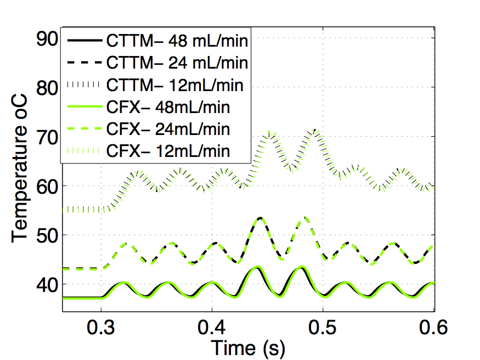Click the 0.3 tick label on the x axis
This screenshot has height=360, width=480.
101,328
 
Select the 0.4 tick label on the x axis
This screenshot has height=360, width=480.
212,328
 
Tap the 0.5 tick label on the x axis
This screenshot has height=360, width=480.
323,328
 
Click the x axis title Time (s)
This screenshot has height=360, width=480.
249,348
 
